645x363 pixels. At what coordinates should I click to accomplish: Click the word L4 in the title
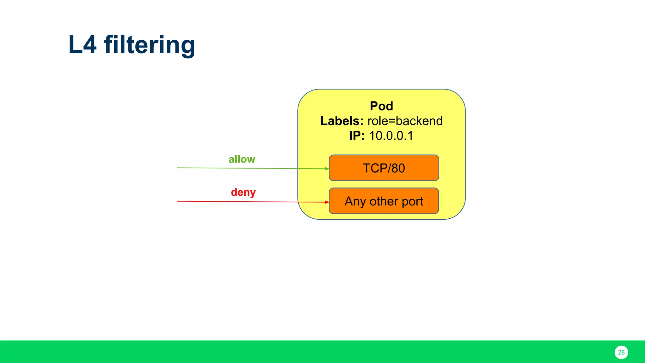pos(82,45)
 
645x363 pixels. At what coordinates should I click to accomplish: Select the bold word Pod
pos(381,106)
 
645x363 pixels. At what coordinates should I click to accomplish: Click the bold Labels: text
pos(342,121)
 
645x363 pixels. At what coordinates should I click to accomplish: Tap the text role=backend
pos(405,121)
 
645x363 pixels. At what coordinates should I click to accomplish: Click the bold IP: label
pos(357,136)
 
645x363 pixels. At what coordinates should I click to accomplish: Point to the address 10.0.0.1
pos(391,136)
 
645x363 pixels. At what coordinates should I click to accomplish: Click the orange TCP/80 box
pos(384,168)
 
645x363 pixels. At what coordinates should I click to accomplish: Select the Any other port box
pos(384,201)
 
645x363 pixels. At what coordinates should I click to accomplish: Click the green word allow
pos(242,159)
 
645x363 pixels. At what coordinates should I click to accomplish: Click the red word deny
pos(243,192)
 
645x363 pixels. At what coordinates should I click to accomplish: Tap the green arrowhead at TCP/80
pos(327,169)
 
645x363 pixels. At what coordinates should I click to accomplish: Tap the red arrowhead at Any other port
pos(327,202)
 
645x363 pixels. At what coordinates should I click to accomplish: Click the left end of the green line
pos(178,168)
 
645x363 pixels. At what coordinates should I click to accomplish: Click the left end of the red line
pos(178,201)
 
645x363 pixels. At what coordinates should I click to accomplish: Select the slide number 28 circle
pos(621,352)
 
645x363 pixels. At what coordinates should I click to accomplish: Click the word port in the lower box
pos(412,202)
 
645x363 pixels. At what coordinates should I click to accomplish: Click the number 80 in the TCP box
pos(398,168)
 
